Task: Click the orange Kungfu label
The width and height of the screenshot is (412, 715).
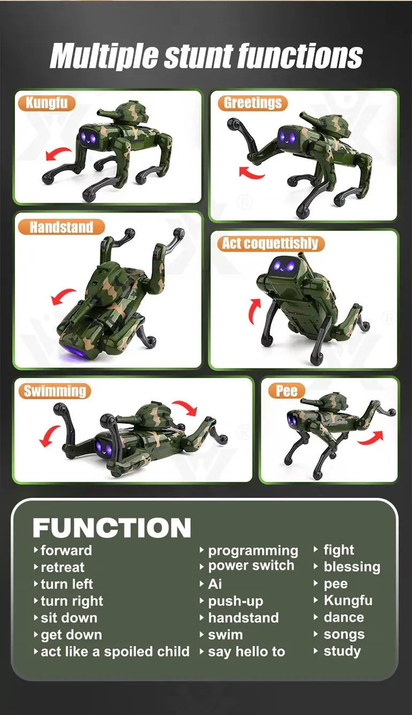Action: (x=47, y=103)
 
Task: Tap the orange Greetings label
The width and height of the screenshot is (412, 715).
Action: (x=253, y=103)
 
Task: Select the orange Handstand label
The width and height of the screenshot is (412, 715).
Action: (x=62, y=227)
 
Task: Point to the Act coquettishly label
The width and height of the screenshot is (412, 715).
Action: (x=271, y=243)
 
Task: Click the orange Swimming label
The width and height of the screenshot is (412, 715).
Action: (x=55, y=391)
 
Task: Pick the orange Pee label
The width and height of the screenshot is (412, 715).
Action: (x=286, y=391)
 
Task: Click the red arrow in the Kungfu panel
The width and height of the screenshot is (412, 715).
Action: (x=58, y=153)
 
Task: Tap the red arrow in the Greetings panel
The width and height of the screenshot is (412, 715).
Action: (x=251, y=172)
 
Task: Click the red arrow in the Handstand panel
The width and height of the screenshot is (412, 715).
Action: (x=63, y=296)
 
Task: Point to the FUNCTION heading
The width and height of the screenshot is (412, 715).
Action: (x=112, y=528)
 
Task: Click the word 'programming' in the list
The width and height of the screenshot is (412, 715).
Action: (x=253, y=551)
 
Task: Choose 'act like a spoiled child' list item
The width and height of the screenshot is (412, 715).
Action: (x=115, y=651)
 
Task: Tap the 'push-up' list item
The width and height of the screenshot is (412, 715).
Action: (x=236, y=601)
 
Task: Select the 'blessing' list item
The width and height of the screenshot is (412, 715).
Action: (x=352, y=567)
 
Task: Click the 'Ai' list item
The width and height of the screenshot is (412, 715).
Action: (x=215, y=584)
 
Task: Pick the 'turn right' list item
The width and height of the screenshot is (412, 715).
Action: (x=72, y=601)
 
